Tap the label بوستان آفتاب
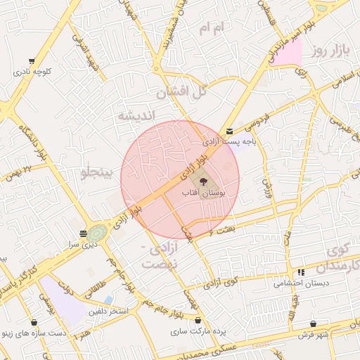[x=202, y=192]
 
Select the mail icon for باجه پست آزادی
[x=229, y=131]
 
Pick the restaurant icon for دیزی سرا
[x=84, y=233]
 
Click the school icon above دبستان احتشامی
[x=301, y=272]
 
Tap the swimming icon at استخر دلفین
[x=108, y=301]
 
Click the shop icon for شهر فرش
[x=314, y=324]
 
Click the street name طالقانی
[x=94, y=286]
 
